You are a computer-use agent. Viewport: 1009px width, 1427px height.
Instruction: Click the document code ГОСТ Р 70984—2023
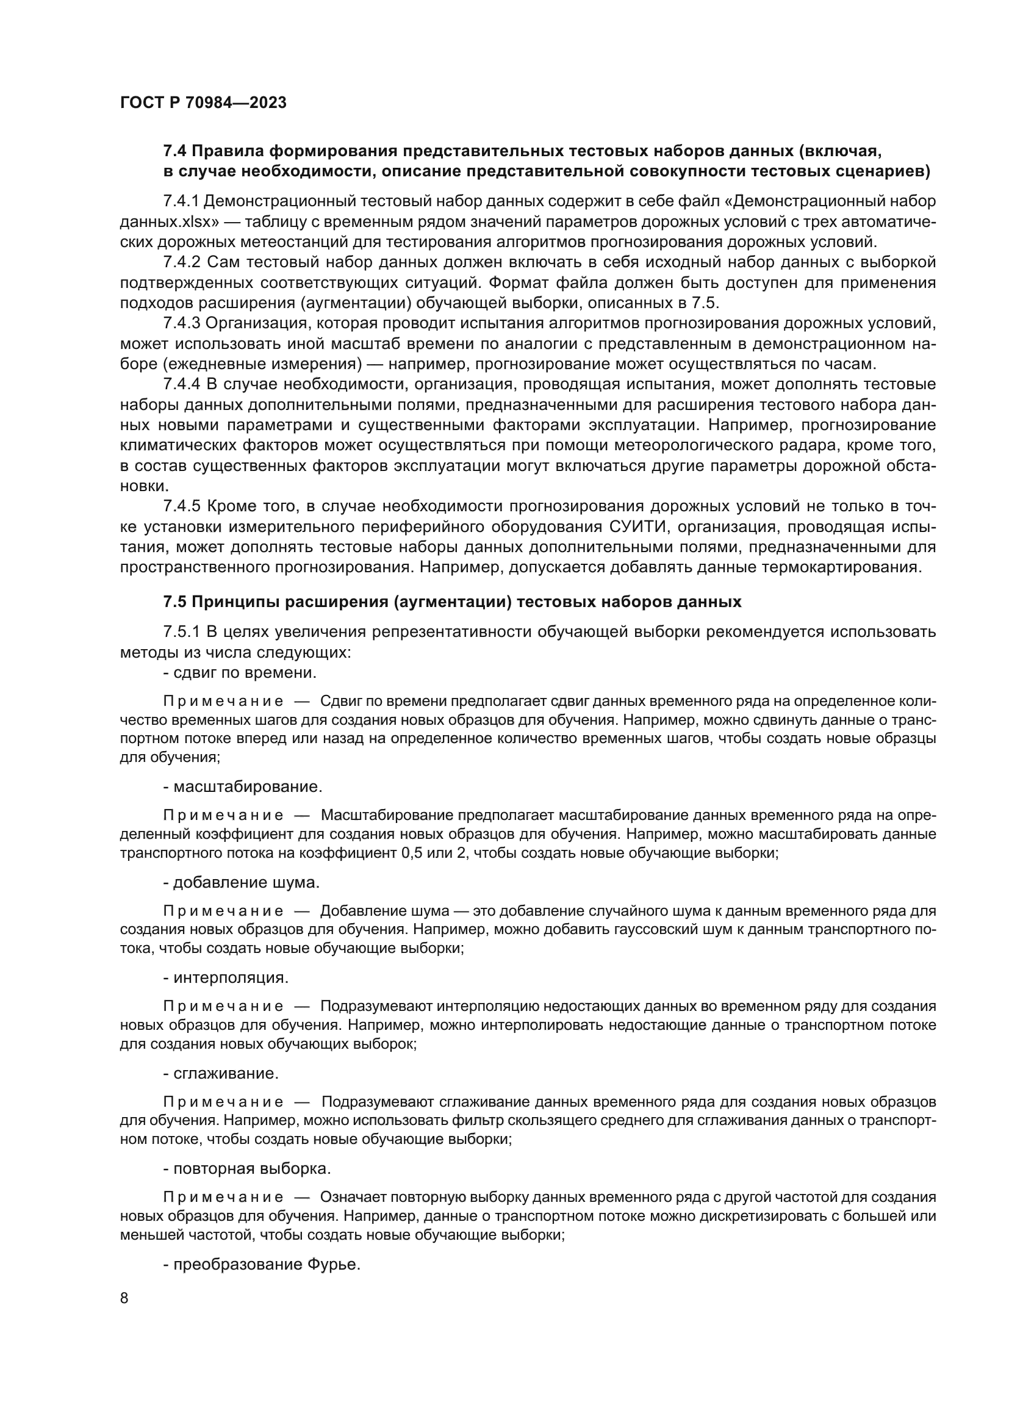click(x=203, y=102)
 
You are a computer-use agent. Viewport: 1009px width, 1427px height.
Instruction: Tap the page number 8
click(x=124, y=1298)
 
